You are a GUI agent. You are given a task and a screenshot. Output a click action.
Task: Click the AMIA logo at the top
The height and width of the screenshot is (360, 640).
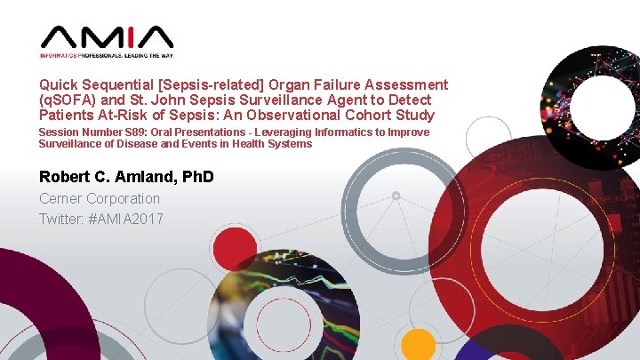106,37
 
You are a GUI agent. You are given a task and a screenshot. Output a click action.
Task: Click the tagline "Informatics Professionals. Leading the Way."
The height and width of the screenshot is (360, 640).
106,56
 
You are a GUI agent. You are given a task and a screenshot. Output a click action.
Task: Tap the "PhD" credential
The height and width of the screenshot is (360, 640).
197,177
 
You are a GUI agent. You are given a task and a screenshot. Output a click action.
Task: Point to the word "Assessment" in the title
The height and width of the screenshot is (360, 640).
405,85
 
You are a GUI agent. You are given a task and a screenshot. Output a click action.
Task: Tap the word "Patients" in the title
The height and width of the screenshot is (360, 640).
65,116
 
